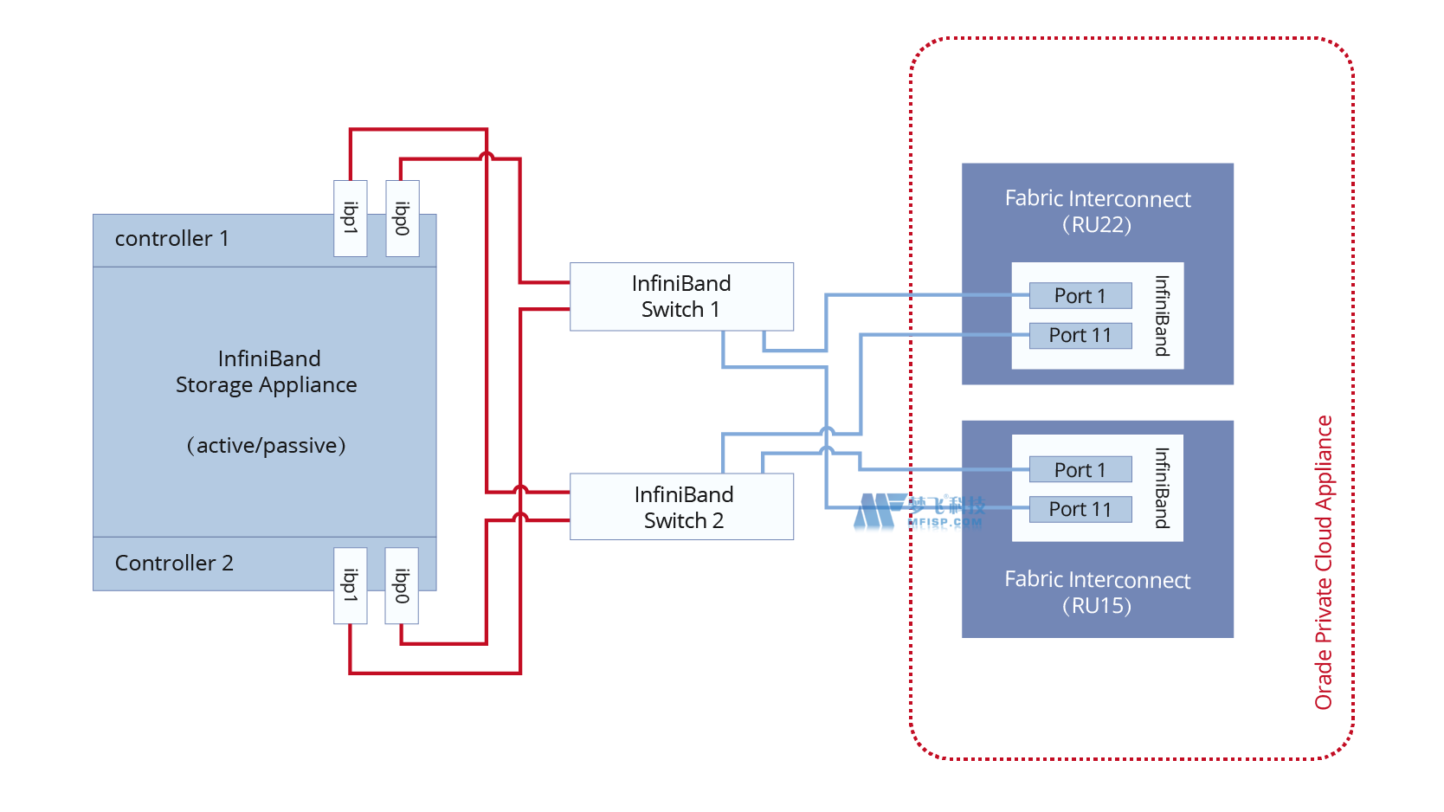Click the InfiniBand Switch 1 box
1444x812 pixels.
681,296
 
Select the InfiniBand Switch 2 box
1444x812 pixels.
681,506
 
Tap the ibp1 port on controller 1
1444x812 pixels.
351,218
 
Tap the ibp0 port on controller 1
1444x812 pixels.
402,218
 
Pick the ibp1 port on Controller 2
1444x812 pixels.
351,585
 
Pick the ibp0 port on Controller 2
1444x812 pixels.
402,585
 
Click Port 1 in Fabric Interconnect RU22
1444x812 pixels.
1080,296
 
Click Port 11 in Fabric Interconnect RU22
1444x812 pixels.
1080,335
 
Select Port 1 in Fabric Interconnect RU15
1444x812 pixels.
1080,469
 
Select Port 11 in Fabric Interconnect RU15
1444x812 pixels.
1080,509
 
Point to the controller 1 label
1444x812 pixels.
171,239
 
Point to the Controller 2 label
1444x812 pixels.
174,564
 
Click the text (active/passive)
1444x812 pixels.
266,446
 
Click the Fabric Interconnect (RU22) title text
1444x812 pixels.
1097,211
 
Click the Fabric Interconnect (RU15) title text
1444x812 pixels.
1097,592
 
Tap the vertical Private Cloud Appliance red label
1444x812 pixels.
1324,563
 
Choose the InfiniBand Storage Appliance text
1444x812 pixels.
267,371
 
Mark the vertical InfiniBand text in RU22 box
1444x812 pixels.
1162,316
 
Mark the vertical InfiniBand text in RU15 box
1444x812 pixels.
1162,488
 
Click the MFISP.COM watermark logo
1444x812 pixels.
919,512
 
